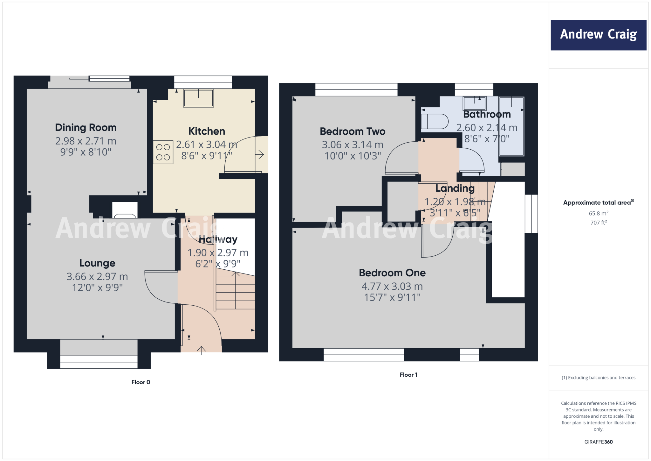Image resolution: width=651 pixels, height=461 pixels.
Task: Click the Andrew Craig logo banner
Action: click(598, 35)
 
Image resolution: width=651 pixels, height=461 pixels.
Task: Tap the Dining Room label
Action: click(86, 128)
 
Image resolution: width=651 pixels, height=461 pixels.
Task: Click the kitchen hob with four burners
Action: click(163, 152)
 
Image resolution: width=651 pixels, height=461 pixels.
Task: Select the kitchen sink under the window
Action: click(198, 98)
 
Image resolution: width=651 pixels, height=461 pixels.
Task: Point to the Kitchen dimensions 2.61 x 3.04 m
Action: click(207, 145)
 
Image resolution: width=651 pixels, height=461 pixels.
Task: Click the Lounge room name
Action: click(97, 263)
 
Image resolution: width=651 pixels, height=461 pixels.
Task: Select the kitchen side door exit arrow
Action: click(260, 155)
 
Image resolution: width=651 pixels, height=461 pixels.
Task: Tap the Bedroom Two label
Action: click(353, 131)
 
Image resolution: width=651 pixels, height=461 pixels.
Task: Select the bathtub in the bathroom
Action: click(511, 126)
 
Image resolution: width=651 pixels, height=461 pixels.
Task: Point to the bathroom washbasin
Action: click(474, 103)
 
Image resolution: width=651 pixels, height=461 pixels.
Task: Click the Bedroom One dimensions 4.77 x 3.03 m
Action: click(392, 287)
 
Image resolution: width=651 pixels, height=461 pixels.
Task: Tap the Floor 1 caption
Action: click(408, 375)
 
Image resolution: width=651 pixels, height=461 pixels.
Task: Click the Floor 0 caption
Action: click(141, 382)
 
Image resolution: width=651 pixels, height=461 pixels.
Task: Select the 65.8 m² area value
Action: click(598, 213)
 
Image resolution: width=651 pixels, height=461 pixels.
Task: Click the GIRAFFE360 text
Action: click(598, 442)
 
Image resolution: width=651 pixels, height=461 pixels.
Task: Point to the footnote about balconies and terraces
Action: click(598, 378)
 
